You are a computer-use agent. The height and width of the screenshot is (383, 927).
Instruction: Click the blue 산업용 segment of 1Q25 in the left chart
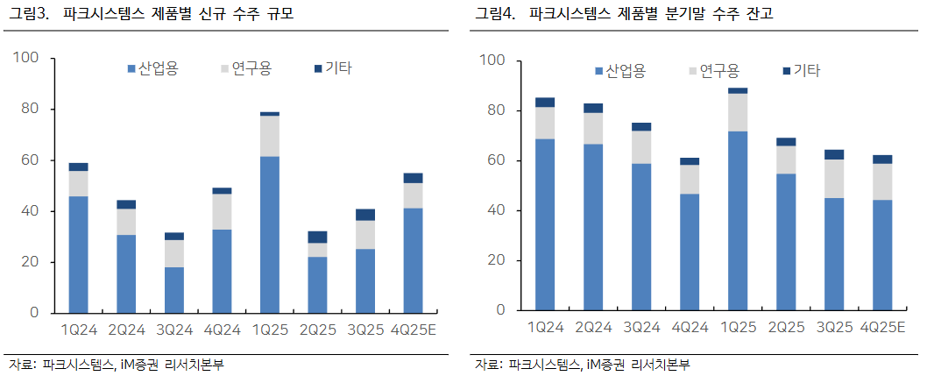[269, 234]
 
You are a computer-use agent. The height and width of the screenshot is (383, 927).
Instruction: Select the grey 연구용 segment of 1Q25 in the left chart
[269, 136]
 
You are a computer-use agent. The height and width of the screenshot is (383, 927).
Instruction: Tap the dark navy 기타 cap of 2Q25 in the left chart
[316, 237]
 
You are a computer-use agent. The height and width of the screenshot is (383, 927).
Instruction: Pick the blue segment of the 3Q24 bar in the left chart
[173, 289]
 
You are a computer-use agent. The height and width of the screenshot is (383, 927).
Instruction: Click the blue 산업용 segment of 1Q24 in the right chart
[545, 224]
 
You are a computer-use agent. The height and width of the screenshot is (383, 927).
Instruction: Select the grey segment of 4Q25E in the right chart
[881, 181]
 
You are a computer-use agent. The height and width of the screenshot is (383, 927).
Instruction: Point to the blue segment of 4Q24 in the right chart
[690, 252]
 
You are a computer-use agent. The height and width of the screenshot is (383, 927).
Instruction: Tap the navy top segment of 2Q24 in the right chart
[593, 108]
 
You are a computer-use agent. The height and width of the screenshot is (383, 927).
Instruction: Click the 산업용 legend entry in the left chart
[152, 68]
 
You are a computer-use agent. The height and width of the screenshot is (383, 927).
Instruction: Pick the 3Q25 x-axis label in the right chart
[834, 326]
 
